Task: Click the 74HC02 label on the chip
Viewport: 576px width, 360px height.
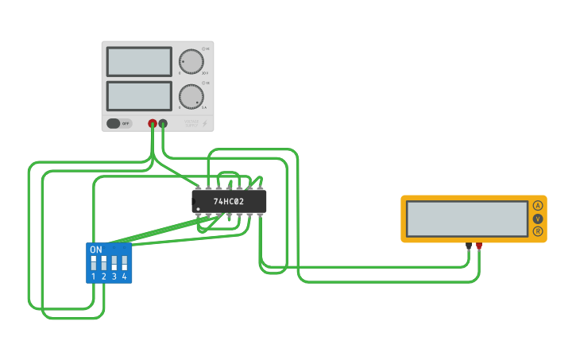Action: click(229, 202)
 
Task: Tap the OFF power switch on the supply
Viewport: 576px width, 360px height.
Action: click(119, 123)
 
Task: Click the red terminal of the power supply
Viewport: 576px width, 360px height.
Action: click(153, 123)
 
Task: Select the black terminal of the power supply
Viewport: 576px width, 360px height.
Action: click(163, 123)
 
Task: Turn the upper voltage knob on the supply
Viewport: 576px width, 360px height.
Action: click(191, 61)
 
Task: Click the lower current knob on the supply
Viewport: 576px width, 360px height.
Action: click(191, 96)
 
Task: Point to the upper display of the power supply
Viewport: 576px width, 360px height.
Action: click(139, 61)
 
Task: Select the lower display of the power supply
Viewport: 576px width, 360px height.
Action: click(139, 96)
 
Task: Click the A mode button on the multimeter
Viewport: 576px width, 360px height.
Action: click(538, 206)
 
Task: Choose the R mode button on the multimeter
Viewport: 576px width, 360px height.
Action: click(538, 231)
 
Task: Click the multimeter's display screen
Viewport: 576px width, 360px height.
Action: click(466, 218)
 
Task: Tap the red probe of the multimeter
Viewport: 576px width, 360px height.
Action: click(479, 246)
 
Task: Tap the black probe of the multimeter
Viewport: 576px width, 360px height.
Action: click(469, 246)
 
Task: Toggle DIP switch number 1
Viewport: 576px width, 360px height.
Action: click(94, 261)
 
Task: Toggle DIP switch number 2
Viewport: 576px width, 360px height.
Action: click(104, 261)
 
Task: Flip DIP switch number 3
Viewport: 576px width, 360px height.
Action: click(114, 261)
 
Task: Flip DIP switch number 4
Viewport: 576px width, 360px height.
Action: click(124, 261)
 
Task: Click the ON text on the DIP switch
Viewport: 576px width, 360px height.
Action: click(96, 250)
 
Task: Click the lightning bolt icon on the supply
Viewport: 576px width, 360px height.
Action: click(205, 123)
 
